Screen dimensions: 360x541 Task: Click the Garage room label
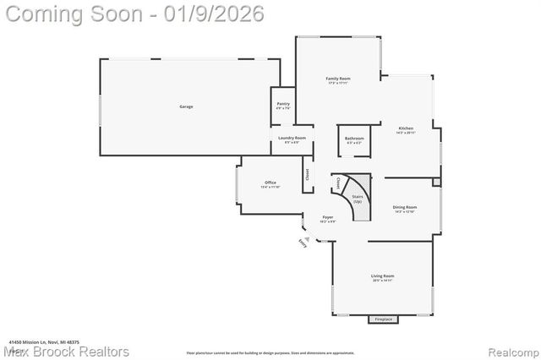click(x=186, y=106)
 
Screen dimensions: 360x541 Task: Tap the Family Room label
click(x=338, y=79)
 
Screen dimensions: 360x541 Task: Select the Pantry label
click(x=283, y=104)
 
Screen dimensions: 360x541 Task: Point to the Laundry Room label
click(x=292, y=138)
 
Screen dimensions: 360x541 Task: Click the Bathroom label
click(x=354, y=139)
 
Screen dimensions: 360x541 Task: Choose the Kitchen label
click(x=406, y=129)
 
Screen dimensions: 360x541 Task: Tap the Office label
click(x=270, y=183)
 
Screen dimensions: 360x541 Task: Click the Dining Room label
click(x=405, y=207)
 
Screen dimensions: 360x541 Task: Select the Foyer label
click(x=327, y=217)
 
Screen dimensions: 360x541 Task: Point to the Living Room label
click(x=383, y=276)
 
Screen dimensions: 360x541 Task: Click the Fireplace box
click(x=385, y=319)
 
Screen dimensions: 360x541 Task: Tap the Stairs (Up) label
click(x=358, y=199)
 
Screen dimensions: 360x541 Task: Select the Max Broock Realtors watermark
click(x=66, y=351)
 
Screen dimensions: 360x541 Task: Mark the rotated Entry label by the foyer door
click(x=303, y=243)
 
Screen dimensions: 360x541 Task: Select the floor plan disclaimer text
click(x=270, y=352)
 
